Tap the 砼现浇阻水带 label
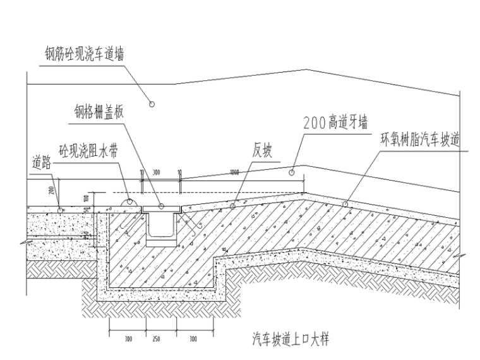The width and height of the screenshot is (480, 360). pyautogui.click(x=88, y=151)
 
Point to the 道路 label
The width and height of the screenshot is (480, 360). pyautogui.click(x=42, y=162)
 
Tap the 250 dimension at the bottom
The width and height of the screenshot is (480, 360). pyautogui.click(x=156, y=339)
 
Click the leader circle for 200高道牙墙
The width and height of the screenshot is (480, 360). pyautogui.click(x=292, y=171)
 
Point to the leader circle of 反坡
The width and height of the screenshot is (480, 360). pyautogui.click(x=233, y=205)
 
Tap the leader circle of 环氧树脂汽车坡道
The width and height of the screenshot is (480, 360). pyautogui.click(x=345, y=203)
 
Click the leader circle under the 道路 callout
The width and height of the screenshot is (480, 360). pyautogui.click(x=60, y=208)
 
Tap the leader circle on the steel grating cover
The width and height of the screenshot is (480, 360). pyautogui.click(x=162, y=207)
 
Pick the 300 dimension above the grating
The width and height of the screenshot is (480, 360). pyautogui.click(x=156, y=172)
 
